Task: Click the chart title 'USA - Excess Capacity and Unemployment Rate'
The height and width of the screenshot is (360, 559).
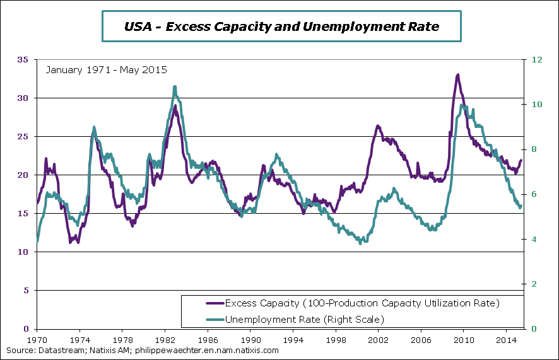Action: (281, 26)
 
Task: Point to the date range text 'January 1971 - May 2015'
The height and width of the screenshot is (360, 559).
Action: (107, 69)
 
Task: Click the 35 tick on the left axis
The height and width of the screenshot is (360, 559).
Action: (23, 60)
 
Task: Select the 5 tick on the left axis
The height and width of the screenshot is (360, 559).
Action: (26, 291)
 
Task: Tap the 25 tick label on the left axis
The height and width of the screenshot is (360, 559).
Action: (23, 137)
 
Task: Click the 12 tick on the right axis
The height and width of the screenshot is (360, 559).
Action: (538, 60)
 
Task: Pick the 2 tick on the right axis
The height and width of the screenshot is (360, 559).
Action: (535, 284)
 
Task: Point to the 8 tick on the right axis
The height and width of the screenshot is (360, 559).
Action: (535, 149)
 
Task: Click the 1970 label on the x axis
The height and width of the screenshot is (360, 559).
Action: (37, 339)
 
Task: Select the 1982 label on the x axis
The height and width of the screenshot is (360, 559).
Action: (165, 339)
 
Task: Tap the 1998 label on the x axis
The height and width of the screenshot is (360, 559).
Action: (336, 339)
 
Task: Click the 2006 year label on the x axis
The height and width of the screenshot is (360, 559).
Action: (421, 339)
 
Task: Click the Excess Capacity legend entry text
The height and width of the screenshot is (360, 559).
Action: (362, 303)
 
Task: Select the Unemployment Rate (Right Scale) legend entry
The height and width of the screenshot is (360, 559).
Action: (304, 320)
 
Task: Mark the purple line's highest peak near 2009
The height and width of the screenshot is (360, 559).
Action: (457, 75)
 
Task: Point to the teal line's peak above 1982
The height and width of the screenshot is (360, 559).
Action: (174, 87)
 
